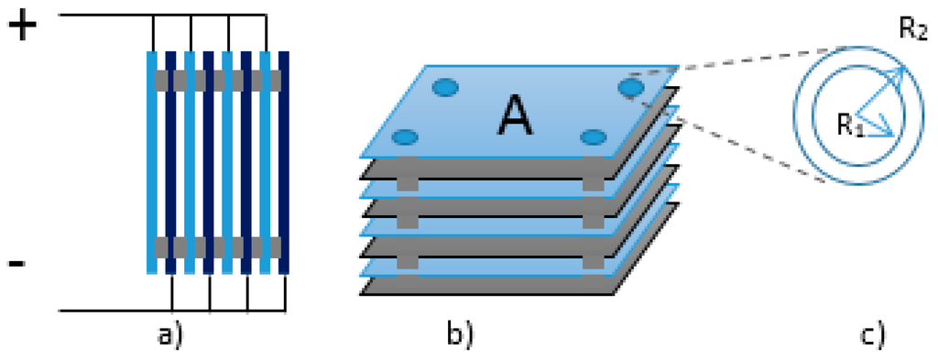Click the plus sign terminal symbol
click(x=24, y=27)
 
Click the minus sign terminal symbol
click(x=16, y=264)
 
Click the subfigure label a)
click(x=169, y=335)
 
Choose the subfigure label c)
click(x=871, y=335)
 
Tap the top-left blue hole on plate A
click(x=444, y=88)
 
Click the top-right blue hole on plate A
click(x=631, y=88)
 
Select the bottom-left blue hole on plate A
click(x=404, y=138)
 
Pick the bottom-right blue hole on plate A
click(x=594, y=138)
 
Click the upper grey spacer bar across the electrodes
click(x=218, y=80)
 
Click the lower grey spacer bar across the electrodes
click(x=218, y=246)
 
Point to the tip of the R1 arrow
click(x=893, y=135)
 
